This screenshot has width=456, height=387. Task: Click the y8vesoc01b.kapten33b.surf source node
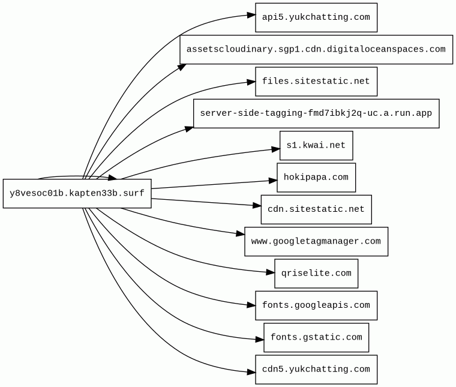click(77, 193)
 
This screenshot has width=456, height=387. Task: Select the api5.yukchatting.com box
click(316, 17)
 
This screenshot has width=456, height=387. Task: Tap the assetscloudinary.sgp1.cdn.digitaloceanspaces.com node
click(316, 49)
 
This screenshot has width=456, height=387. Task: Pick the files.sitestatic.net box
click(316, 82)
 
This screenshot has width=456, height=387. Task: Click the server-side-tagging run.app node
click(316, 113)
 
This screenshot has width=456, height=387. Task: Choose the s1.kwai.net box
click(316, 145)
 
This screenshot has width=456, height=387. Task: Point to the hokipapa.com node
click(316, 178)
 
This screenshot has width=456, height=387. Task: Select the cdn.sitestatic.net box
click(316, 209)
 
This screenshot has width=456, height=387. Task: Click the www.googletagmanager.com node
click(316, 241)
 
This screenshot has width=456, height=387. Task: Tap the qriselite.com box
click(316, 274)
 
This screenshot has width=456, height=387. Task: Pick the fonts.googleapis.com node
click(316, 305)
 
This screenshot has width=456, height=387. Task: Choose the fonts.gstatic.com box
click(316, 337)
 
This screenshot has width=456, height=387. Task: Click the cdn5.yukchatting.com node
click(316, 369)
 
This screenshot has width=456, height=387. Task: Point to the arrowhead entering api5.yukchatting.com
click(251, 15)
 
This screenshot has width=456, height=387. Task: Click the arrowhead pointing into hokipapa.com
click(273, 181)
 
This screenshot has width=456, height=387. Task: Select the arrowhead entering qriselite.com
click(271, 272)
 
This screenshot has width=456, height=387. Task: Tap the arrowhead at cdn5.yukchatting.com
click(251, 372)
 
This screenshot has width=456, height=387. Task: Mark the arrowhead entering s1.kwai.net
click(275, 149)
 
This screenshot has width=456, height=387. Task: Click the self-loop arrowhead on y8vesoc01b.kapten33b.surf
click(113, 178)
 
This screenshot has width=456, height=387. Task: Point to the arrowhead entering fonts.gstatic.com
click(260, 340)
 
